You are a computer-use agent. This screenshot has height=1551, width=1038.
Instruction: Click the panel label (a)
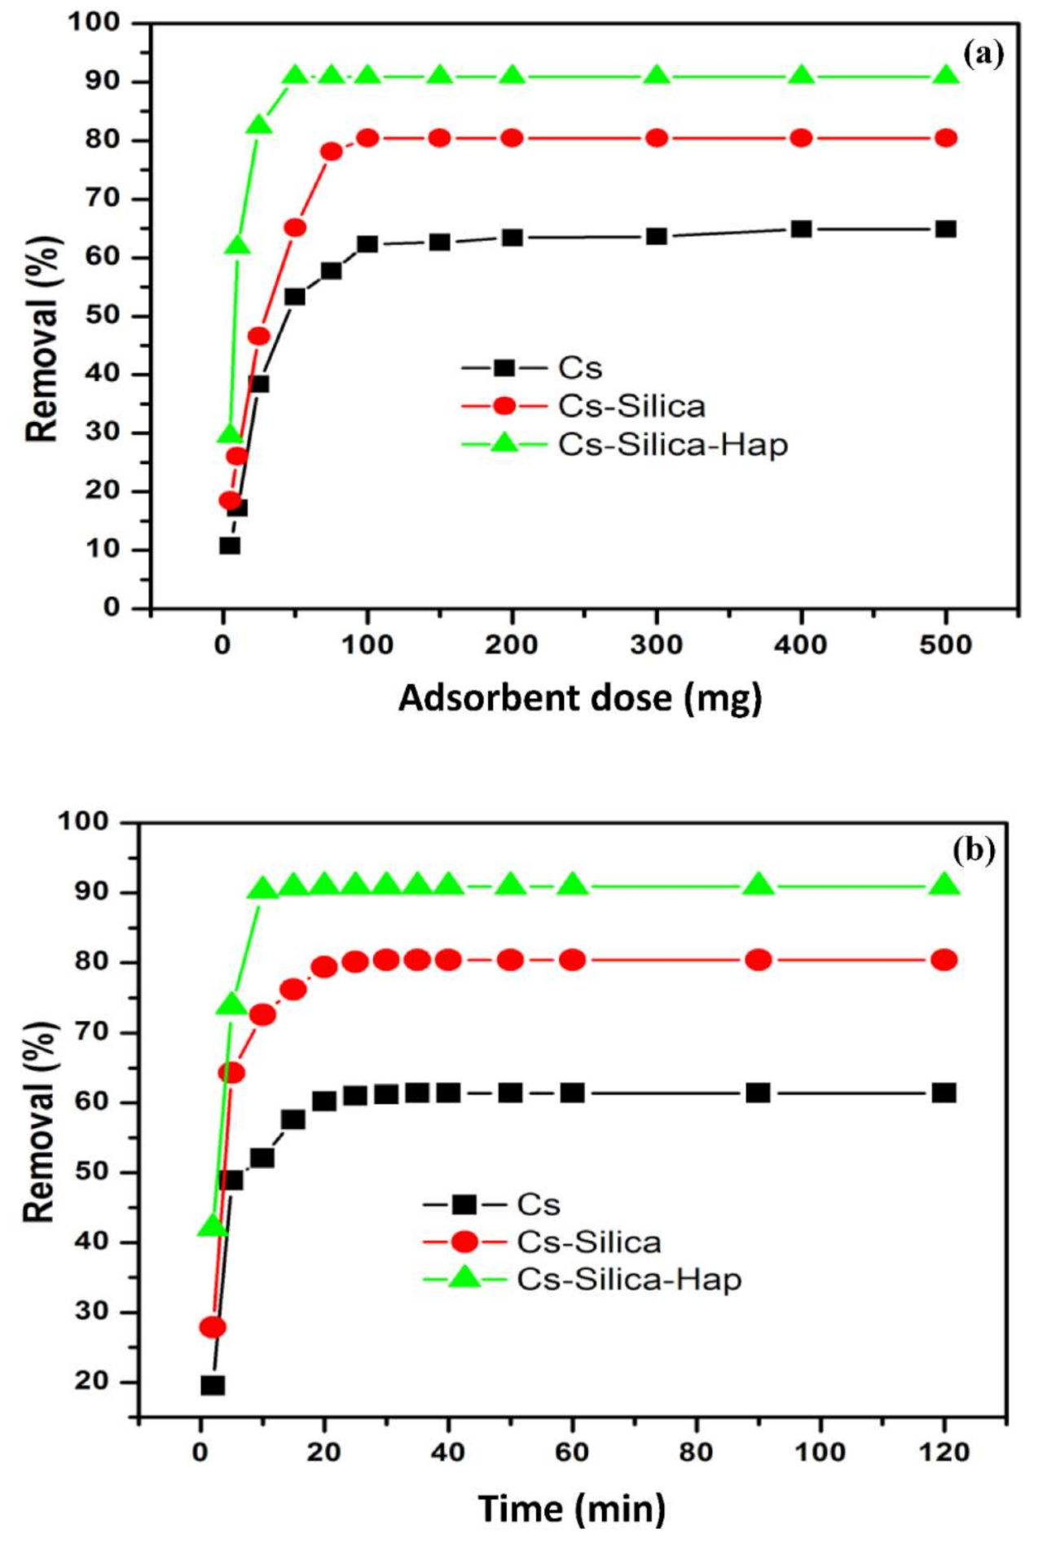(983, 55)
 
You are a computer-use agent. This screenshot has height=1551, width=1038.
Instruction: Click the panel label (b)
(973, 850)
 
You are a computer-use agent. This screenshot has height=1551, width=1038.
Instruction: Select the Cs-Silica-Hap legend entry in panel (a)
(673, 445)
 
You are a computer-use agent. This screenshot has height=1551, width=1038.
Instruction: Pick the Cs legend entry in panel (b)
(538, 1204)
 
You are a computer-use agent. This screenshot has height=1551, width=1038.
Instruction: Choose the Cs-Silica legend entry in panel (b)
(588, 1241)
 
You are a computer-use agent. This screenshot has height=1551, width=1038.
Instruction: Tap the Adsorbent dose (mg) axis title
(579, 698)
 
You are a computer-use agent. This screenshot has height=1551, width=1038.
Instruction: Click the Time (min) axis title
(571, 1486)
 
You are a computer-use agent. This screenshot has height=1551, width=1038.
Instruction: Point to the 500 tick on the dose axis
(945, 646)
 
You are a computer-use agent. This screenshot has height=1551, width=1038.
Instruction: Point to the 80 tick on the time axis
(696, 1452)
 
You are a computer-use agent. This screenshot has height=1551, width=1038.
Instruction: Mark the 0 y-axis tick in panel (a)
(112, 608)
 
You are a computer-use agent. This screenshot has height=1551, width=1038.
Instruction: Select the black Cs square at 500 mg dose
(945, 229)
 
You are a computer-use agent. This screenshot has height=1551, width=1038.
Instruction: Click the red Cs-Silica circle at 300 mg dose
(657, 138)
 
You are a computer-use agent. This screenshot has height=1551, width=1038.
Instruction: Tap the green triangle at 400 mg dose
(802, 76)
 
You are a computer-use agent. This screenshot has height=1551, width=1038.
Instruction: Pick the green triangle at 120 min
(944, 884)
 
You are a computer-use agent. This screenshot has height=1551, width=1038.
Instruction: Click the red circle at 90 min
(758, 960)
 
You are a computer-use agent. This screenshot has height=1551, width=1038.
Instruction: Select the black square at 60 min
(572, 1092)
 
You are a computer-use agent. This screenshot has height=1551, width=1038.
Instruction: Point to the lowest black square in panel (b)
(213, 1385)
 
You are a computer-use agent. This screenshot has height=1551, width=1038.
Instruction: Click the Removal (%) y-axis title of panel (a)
(42, 338)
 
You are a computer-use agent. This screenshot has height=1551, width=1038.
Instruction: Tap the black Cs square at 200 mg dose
(512, 238)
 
